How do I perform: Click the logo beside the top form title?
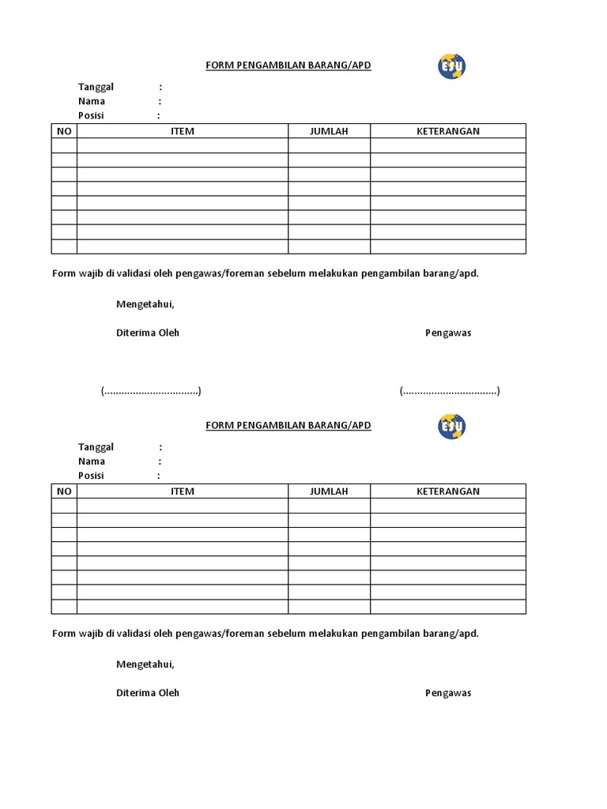pyautogui.click(x=451, y=66)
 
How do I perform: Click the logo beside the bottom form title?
pyautogui.click(x=451, y=427)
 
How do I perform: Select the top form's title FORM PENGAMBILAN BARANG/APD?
pyautogui.click(x=288, y=66)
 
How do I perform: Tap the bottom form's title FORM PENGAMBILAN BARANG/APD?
pyautogui.click(x=288, y=426)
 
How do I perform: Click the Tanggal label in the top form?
pyautogui.click(x=96, y=87)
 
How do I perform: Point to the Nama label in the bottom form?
pyautogui.click(x=92, y=461)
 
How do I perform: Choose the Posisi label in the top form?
pyautogui.click(x=91, y=115)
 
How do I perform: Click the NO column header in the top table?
pyautogui.click(x=64, y=131)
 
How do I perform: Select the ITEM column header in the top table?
pyautogui.click(x=183, y=131)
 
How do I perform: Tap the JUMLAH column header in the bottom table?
pyautogui.click(x=329, y=491)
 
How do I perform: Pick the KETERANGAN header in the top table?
pyautogui.click(x=448, y=131)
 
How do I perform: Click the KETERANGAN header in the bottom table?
pyautogui.click(x=448, y=491)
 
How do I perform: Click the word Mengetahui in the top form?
pyautogui.click(x=145, y=304)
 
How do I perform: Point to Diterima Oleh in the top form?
pyautogui.click(x=148, y=333)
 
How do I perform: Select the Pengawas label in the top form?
pyautogui.click(x=448, y=333)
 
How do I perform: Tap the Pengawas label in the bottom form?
pyautogui.click(x=448, y=693)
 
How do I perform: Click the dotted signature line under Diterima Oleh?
pyautogui.click(x=151, y=391)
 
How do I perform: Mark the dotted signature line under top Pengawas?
pyautogui.click(x=450, y=391)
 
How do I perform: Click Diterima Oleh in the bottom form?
pyautogui.click(x=148, y=693)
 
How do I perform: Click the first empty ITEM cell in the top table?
pyautogui.click(x=183, y=145)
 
